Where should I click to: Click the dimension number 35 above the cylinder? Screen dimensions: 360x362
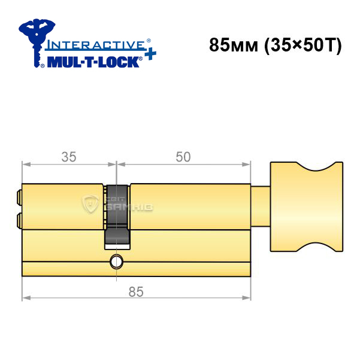[x=69, y=157]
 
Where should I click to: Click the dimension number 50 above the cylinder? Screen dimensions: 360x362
[x=183, y=157]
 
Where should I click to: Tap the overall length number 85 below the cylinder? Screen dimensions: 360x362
[x=136, y=291]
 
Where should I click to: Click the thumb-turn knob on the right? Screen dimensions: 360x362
[x=307, y=207]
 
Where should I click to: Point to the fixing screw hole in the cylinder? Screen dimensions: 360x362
[x=116, y=261]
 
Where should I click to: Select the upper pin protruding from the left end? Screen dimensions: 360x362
[x=19, y=197]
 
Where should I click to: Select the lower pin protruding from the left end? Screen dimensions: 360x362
[x=19, y=221]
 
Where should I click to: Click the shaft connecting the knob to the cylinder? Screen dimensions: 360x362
[x=261, y=206]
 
